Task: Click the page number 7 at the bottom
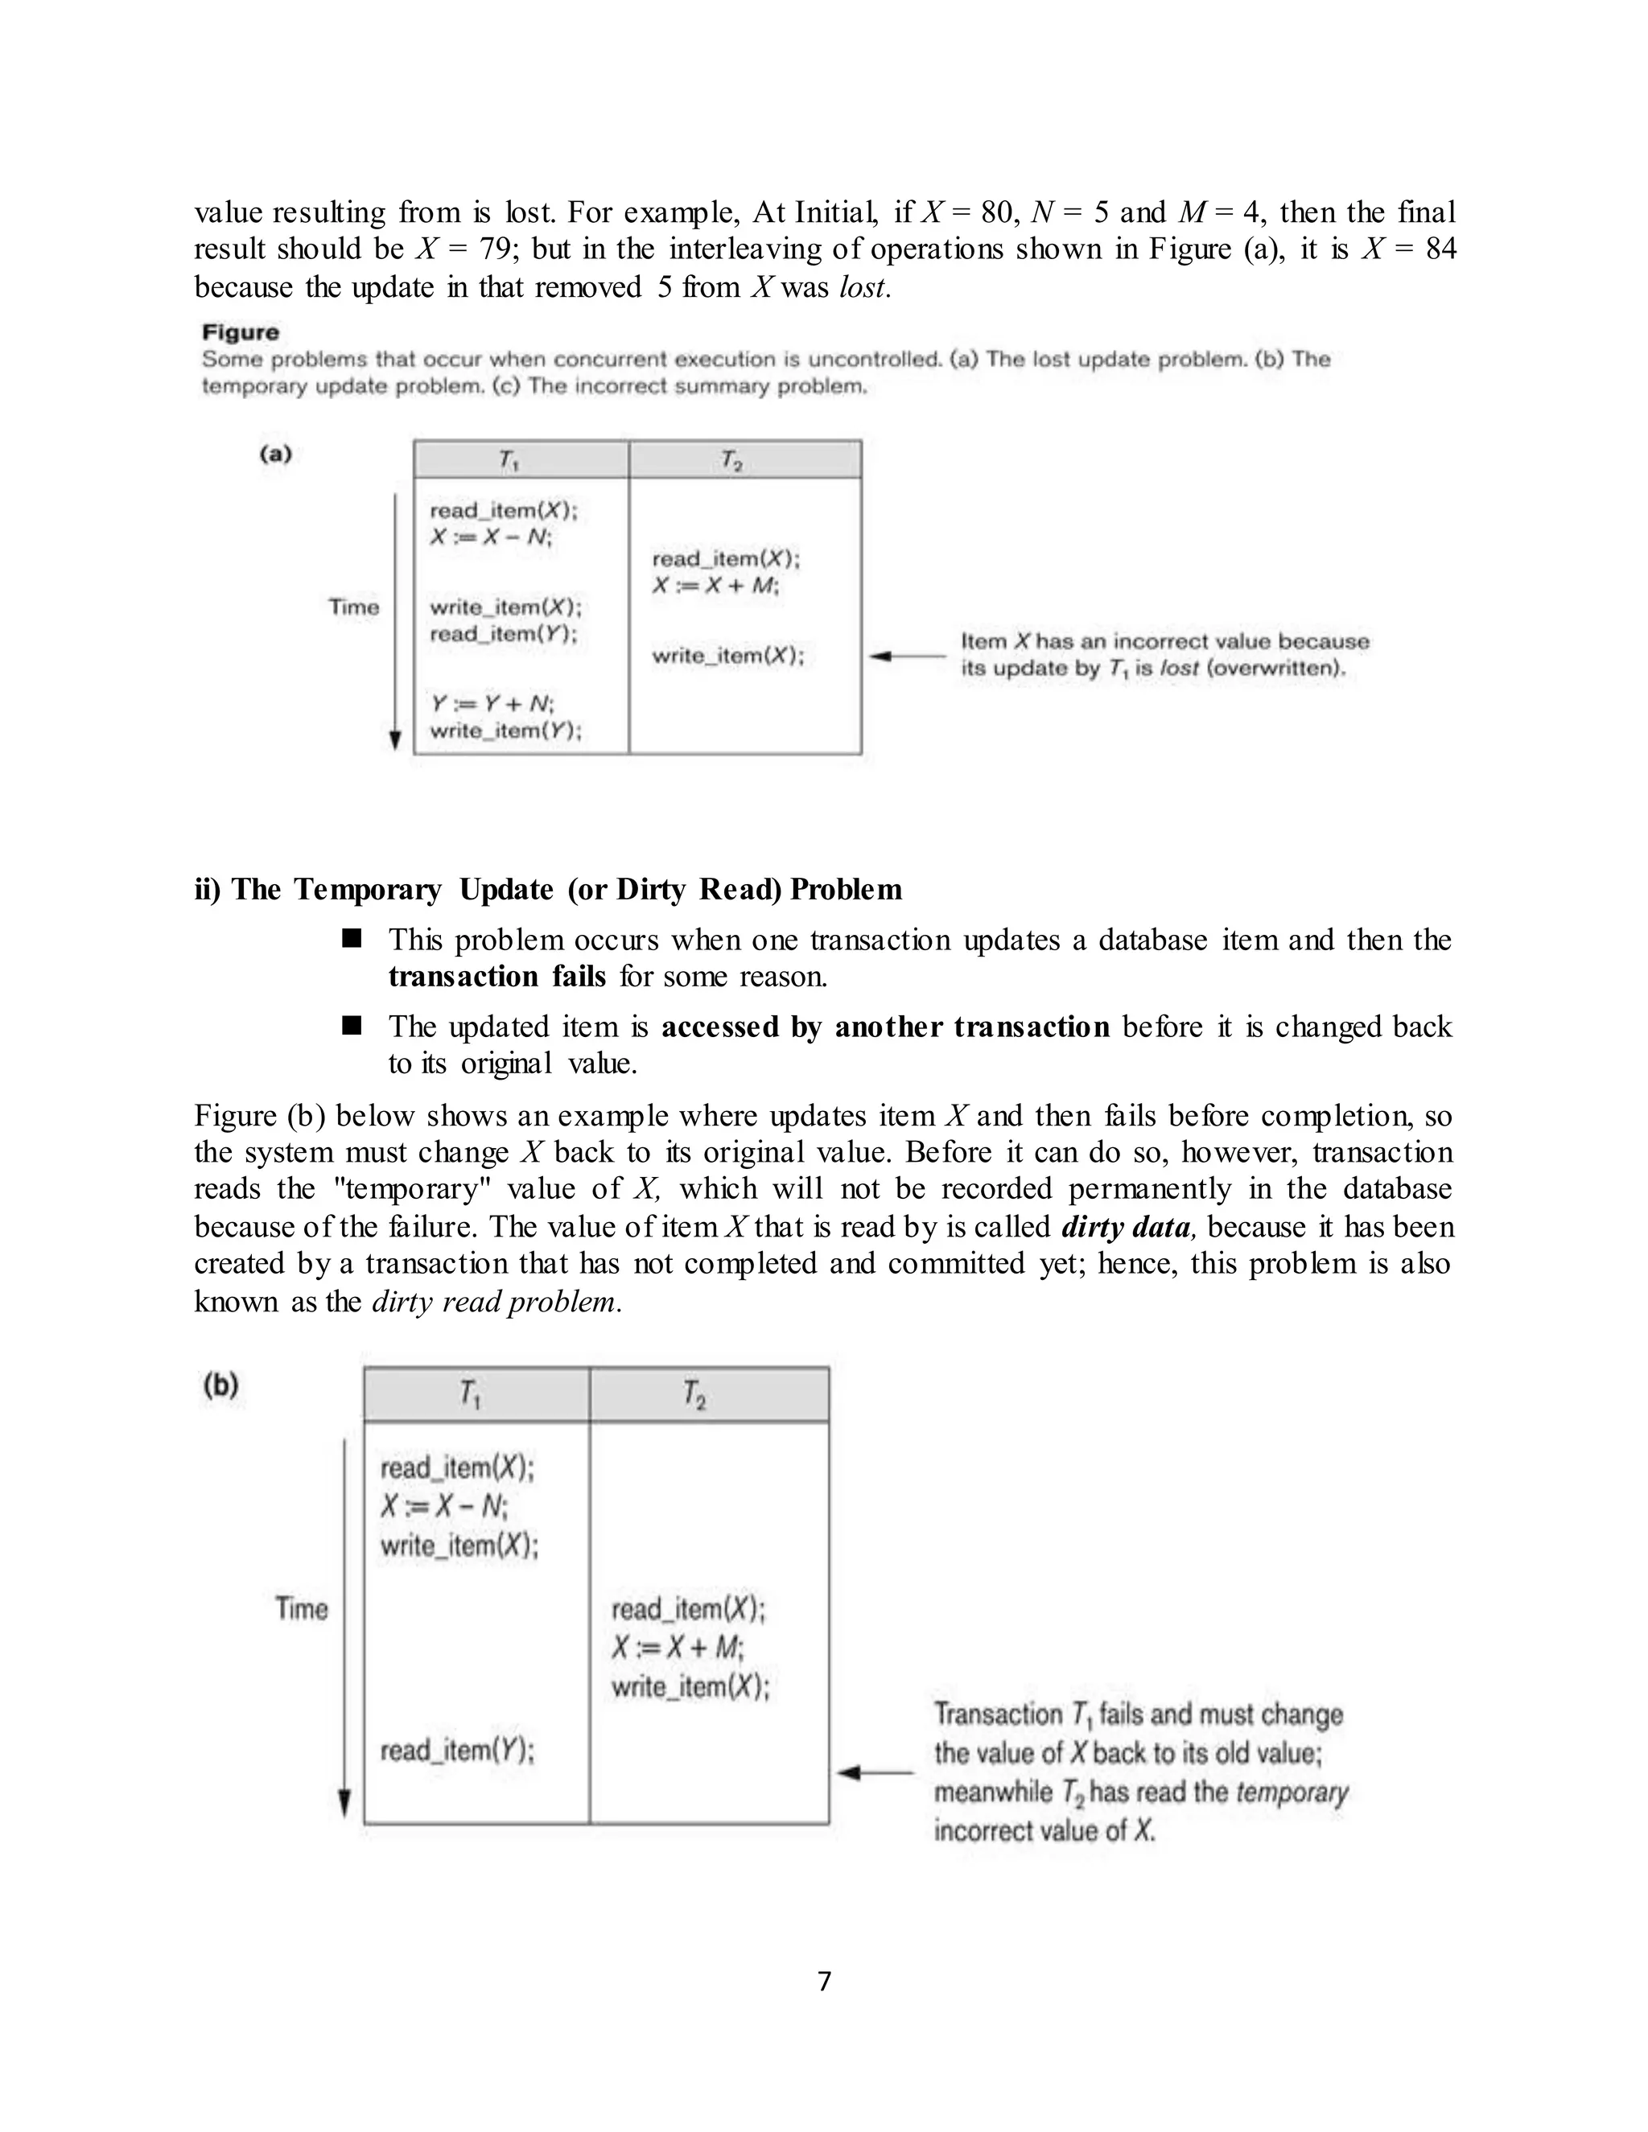coord(824,1981)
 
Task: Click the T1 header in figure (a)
coord(509,459)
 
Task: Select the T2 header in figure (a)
coord(732,459)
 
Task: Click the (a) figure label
coord(275,454)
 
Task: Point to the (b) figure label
coord(221,1385)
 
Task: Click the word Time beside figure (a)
coord(353,607)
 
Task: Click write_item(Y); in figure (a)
coord(505,731)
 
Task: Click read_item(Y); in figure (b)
coord(457,1751)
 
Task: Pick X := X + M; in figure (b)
coord(678,1648)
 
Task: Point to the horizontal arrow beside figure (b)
coord(875,1772)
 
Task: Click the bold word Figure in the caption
coord(240,333)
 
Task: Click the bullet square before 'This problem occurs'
coord(352,939)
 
